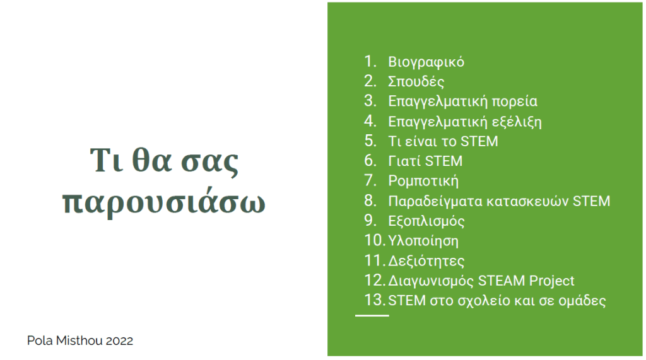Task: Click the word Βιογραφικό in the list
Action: coord(426,62)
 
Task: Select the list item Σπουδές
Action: coord(416,81)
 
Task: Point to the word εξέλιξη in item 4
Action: coord(517,122)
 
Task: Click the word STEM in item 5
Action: coord(479,141)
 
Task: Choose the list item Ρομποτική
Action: coord(423,181)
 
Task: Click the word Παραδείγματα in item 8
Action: coord(435,201)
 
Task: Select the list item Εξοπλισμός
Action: coord(426,221)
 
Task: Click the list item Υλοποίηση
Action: coord(423,241)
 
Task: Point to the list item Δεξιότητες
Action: coord(426,261)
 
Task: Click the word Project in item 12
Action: coord(551,281)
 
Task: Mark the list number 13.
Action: coord(374,300)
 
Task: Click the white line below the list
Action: coord(372,315)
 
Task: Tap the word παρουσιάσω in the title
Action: coord(163,202)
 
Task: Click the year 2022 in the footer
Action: coord(119,340)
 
